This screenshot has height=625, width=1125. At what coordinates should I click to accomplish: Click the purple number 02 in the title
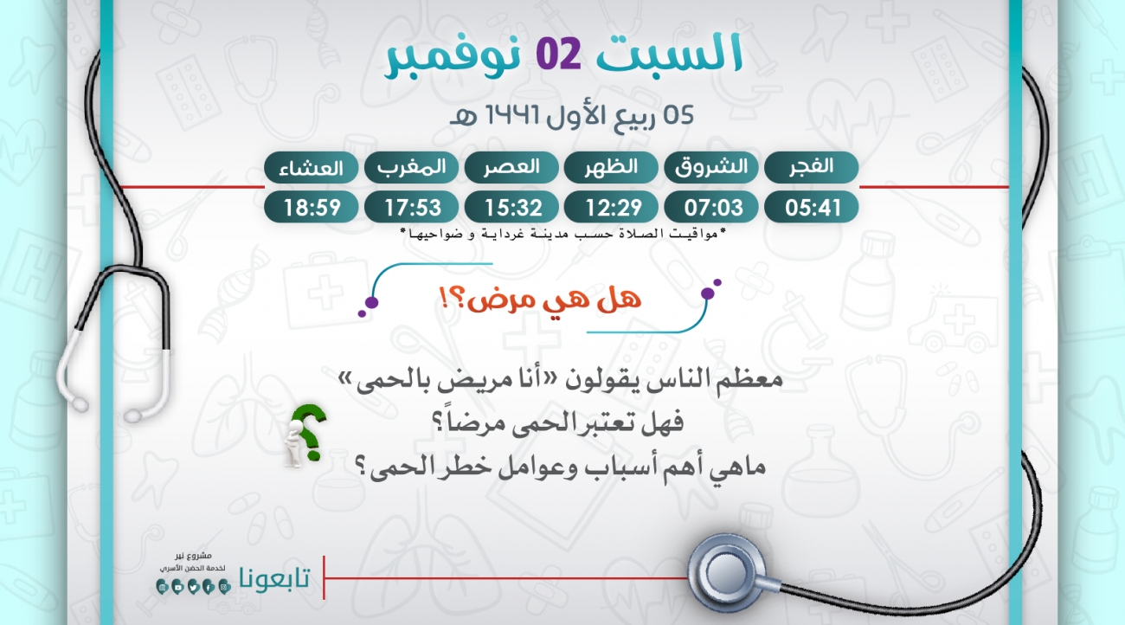(x=558, y=53)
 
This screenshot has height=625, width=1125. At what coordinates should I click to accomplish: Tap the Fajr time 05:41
(x=813, y=207)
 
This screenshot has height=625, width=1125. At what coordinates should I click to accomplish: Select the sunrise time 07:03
(x=713, y=207)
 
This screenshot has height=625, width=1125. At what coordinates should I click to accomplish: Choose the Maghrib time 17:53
(x=413, y=207)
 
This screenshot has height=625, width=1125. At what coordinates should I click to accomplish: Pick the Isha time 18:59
(x=312, y=207)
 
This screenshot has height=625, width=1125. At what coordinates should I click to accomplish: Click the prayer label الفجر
(x=811, y=166)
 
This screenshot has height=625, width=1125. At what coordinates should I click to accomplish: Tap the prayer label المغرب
(x=412, y=167)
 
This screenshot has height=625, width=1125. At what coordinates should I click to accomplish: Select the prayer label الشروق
(x=711, y=167)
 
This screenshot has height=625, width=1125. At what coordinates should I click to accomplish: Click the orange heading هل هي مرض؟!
(x=540, y=299)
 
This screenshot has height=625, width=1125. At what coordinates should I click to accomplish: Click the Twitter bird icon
(x=193, y=587)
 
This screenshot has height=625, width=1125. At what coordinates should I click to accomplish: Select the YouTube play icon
(x=177, y=587)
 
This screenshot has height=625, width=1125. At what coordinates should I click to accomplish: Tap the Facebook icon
(x=209, y=587)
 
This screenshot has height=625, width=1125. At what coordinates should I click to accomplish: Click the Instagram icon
(x=224, y=587)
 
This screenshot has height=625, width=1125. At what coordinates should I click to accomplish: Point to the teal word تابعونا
(x=274, y=578)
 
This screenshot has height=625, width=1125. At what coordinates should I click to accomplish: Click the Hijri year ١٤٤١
(x=511, y=115)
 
